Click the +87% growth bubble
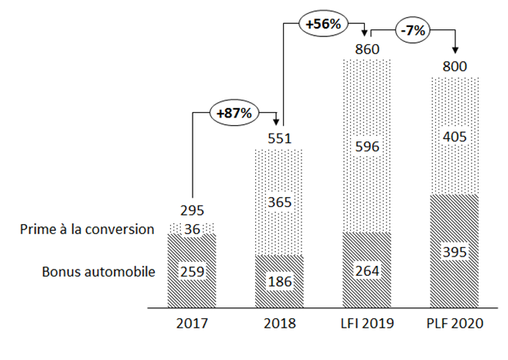(234, 113)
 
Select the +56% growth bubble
(323, 24)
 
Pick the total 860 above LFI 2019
(368, 49)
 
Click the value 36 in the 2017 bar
(192, 229)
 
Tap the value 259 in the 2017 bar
(192, 271)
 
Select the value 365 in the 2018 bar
(280, 202)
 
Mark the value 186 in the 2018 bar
(280, 282)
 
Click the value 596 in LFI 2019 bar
(368, 145)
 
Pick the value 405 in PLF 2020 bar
(455, 136)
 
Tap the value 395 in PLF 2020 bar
(455, 252)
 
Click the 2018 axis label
(280, 324)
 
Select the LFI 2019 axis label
(368, 324)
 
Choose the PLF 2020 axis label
(455, 324)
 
